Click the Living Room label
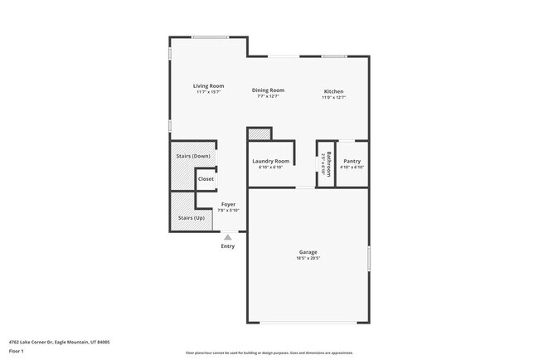click(209, 86)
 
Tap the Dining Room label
click(268, 90)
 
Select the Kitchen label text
click(333, 91)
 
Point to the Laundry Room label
click(271, 161)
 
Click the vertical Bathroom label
click(328, 163)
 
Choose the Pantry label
click(352, 161)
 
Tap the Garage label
click(308, 252)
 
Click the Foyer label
click(228, 204)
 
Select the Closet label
click(206, 179)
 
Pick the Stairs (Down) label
click(192, 156)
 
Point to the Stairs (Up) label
click(191, 218)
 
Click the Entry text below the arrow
click(227, 246)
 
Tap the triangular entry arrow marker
click(227, 237)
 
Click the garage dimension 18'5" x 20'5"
click(308, 258)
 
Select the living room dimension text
click(209, 92)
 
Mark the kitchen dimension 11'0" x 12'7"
click(333, 97)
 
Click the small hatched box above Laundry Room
click(260, 134)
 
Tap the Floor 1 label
click(17, 351)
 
